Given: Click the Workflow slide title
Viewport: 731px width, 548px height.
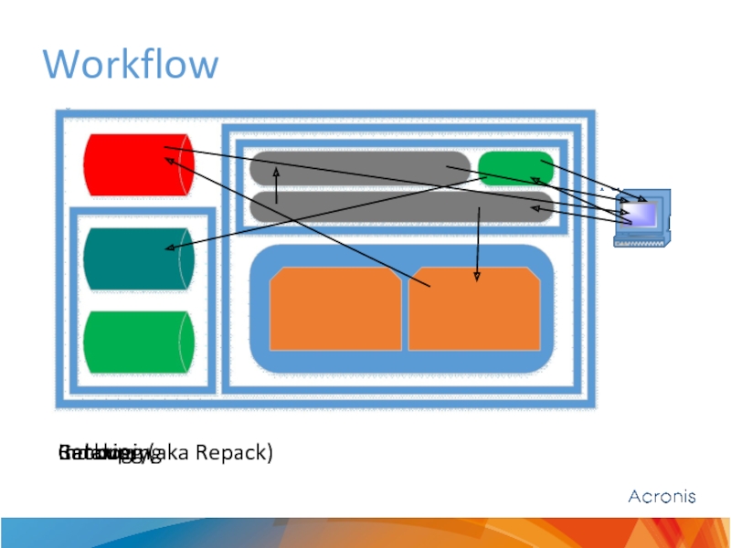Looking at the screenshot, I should point(131,65).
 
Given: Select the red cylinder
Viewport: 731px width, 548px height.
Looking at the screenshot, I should point(137,164).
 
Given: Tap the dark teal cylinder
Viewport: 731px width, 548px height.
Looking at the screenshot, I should point(137,258).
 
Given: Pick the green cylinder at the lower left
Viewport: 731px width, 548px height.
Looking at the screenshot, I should point(137,342).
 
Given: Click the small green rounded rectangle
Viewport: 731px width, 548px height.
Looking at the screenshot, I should point(515,167).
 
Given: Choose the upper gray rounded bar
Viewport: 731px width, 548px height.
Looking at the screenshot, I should point(360,167).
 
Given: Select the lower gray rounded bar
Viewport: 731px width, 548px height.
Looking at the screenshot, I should point(402,207).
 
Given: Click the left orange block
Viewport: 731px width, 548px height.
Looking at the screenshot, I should point(334,309).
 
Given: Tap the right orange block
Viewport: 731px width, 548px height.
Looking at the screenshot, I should point(473,309).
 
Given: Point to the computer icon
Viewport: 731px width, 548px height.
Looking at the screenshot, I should point(642,217).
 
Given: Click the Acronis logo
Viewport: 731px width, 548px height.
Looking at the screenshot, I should point(662,497).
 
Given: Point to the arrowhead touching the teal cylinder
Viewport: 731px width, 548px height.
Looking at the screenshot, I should point(167,248).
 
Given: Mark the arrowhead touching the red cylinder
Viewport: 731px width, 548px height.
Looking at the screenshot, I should point(169,161).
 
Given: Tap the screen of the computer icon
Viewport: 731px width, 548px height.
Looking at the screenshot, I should point(642,213).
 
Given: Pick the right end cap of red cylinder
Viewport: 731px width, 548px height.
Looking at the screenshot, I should point(186,164).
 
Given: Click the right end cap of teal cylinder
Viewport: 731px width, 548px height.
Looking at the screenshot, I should point(186,258).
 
